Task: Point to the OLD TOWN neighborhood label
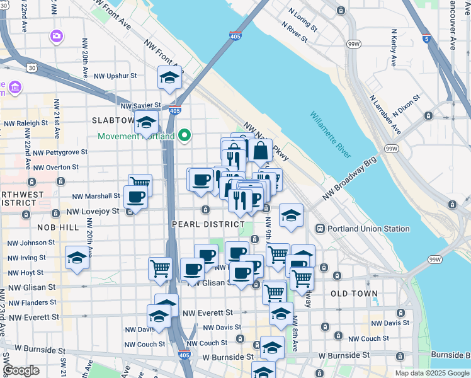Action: (353, 294)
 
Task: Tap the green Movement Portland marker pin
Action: (184, 135)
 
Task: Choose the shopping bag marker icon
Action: (260, 151)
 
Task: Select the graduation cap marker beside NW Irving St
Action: (77, 257)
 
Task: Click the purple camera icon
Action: (57, 36)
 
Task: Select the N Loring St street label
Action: (302, 19)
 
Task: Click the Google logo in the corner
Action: (21, 370)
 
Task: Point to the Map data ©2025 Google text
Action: (432, 373)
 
